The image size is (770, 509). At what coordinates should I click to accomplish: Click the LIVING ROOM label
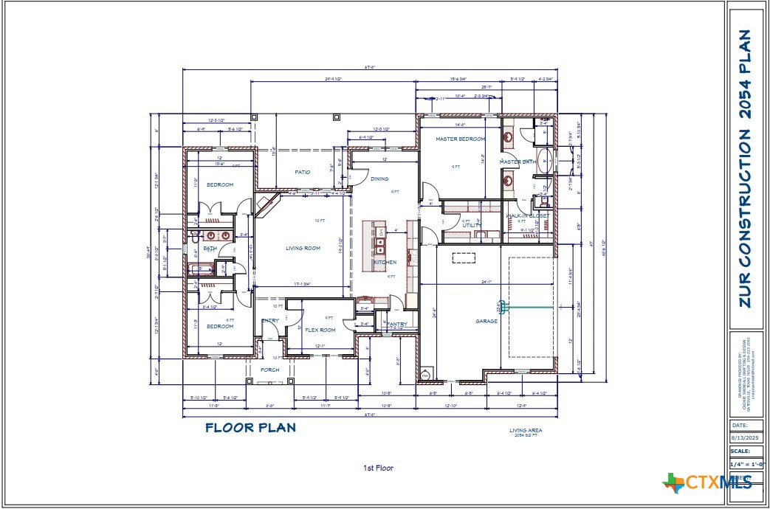pyautogui.click(x=303, y=249)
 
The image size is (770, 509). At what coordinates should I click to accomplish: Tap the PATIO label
pyautogui.click(x=302, y=172)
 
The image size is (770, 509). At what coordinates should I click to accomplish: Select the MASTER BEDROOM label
pyautogui.click(x=460, y=139)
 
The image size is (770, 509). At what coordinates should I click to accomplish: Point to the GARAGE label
pyautogui.click(x=486, y=321)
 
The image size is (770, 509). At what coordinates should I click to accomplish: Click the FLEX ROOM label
pyautogui.click(x=320, y=330)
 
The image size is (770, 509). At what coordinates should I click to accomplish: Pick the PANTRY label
pyautogui.click(x=397, y=324)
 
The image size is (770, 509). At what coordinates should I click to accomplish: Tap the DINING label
pyautogui.click(x=379, y=179)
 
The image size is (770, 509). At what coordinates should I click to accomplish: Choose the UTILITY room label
pyautogui.click(x=472, y=225)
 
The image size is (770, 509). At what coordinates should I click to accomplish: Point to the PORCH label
pyautogui.click(x=269, y=370)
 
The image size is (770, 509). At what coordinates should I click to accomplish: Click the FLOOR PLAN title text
pyautogui.click(x=250, y=427)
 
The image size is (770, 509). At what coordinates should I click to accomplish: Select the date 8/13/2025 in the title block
pyautogui.click(x=744, y=437)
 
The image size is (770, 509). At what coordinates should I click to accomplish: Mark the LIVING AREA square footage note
pyautogui.click(x=526, y=433)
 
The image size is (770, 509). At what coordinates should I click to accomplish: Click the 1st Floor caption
pyautogui.click(x=377, y=468)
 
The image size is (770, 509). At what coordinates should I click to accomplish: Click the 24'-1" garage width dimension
pyautogui.click(x=485, y=281)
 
